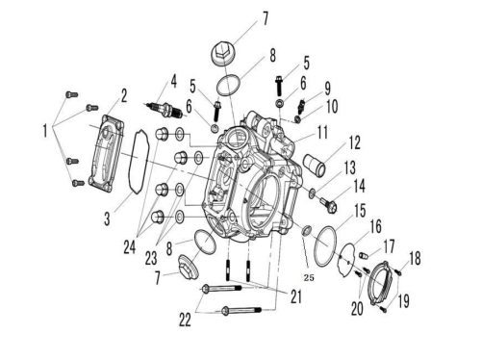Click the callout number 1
point(45,131)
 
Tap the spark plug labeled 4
point(164,109)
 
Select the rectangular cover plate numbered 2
point(107,153)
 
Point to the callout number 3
point(107,219)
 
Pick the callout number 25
point(309,277)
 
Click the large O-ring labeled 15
point(325,246)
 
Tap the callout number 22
point(185,320)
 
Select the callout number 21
point(296,296)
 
